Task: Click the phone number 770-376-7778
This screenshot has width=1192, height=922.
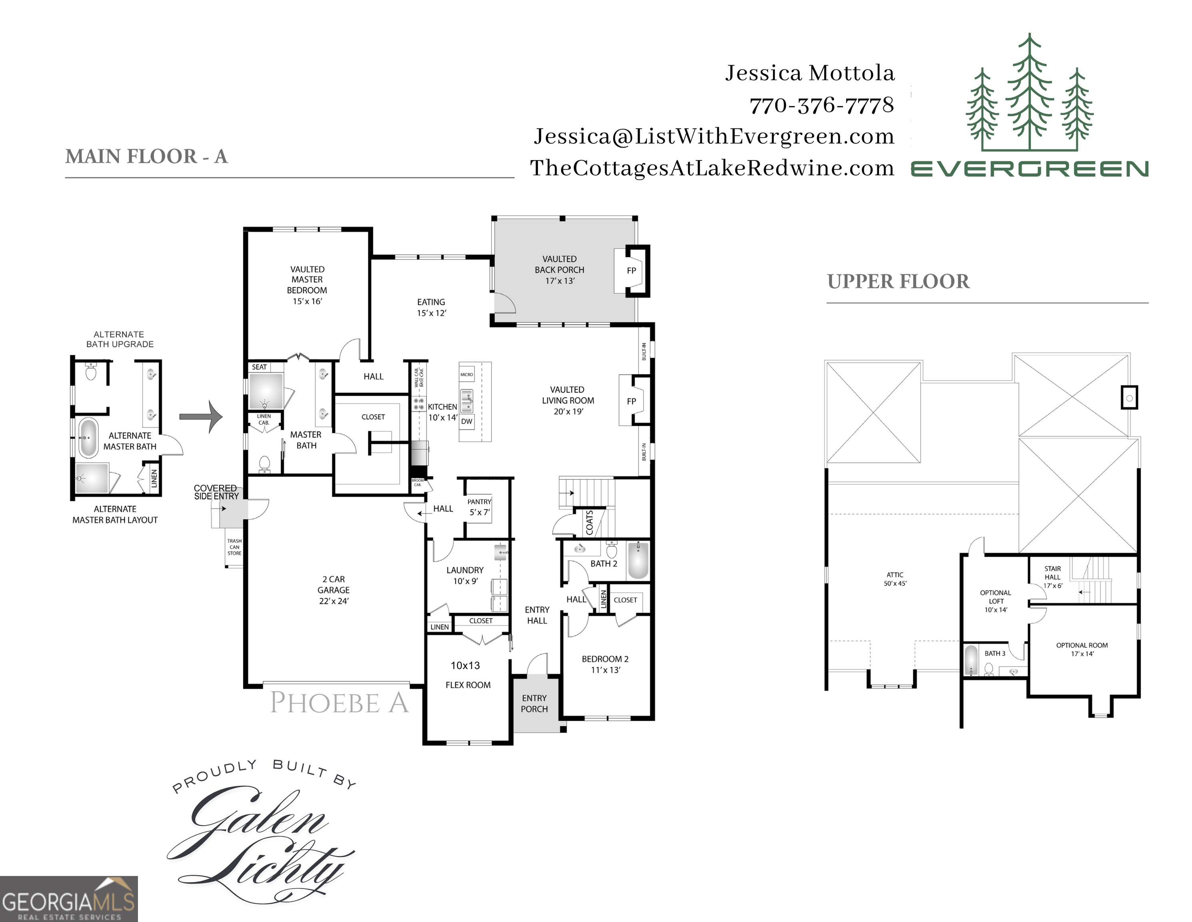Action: click(x=821, y=105)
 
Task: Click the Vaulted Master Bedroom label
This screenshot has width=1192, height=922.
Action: click(x=307, y=285)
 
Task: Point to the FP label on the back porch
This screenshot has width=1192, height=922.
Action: click(x=631, y=271)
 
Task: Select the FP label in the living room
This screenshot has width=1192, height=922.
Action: click(x=631, y=401)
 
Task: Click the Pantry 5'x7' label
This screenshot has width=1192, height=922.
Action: click(x=479, y=507)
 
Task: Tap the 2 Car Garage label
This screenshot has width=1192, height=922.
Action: click(x=333, y=590)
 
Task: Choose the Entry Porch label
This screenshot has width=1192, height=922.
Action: click(x=534, y=704)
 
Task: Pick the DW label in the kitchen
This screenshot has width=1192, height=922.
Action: click(x=467, y=421)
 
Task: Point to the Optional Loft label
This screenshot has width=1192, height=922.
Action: click(x=996, y=601)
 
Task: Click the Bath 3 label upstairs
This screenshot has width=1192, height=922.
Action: click(x=994, y=653)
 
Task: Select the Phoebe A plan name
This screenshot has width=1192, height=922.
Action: click(x=339, y=703)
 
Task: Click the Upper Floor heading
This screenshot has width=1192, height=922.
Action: click(x=898, y=282)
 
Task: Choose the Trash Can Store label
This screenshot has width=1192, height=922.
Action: click(x=234, y=547)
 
